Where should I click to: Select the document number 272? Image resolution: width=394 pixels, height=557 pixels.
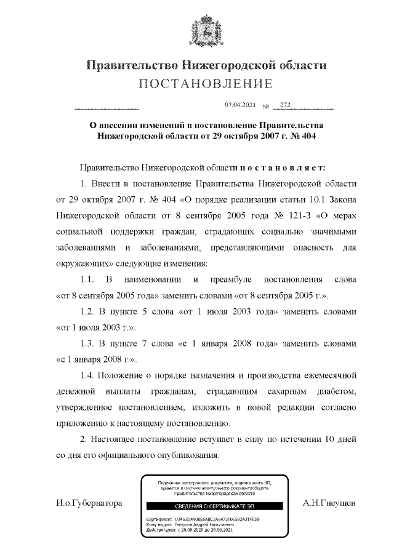pyautogui.click(x=284, y=105)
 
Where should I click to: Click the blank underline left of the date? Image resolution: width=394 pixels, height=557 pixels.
pyautogui.click(x=106, y=108)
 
